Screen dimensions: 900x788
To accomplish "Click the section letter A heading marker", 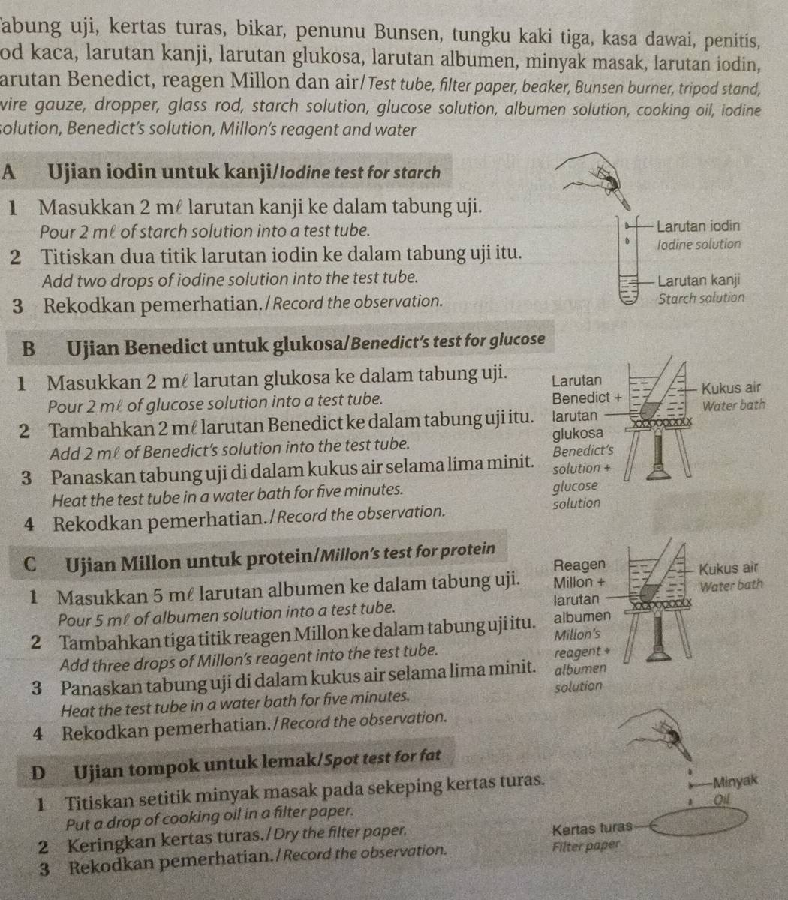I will pyautogui.click(x=10, y=172).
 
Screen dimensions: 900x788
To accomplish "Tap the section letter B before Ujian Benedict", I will pyautogui.click(x=29, y=348).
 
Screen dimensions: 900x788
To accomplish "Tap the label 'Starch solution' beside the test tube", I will pyautogui.click(x=700, y=298).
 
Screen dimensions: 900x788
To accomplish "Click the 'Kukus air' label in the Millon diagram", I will pyautogui.click(x=729, y=568).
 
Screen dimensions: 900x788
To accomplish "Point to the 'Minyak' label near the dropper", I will pyautogui.click(x=739, y=781).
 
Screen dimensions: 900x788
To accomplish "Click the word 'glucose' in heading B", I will pyautogui.click(x=517, y=340).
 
